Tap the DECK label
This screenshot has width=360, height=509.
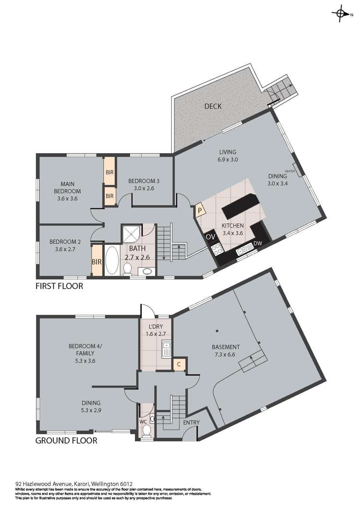click(213, 106)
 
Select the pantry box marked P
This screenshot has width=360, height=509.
click(200, 210)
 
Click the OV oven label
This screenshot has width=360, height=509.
click(211, 237)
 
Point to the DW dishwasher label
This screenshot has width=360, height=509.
click(258, 243)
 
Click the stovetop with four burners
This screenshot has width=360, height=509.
click(216, 249)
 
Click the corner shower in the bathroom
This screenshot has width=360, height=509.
click(132, 233)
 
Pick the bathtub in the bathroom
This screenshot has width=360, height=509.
click(112, 261)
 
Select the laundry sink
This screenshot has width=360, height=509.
click(166, 349)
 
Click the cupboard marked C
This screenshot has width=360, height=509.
click(179, 364)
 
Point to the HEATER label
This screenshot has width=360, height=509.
click(290, 171)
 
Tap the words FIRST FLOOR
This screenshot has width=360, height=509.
click(59, 286)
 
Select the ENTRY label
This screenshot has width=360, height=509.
click(191, 423)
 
